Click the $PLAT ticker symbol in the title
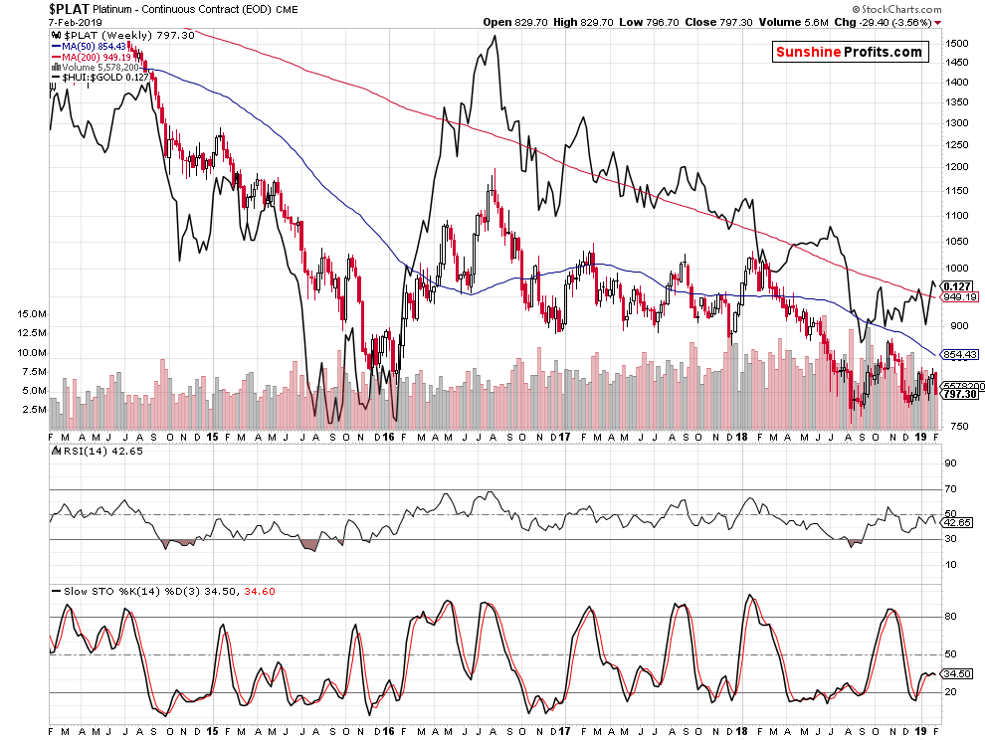point(67,7)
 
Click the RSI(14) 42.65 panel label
point(94,451)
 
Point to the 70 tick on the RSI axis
point(949,488)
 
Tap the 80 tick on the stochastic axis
point(949,617)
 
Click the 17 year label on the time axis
point(563,437)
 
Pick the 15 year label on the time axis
point(213,437)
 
